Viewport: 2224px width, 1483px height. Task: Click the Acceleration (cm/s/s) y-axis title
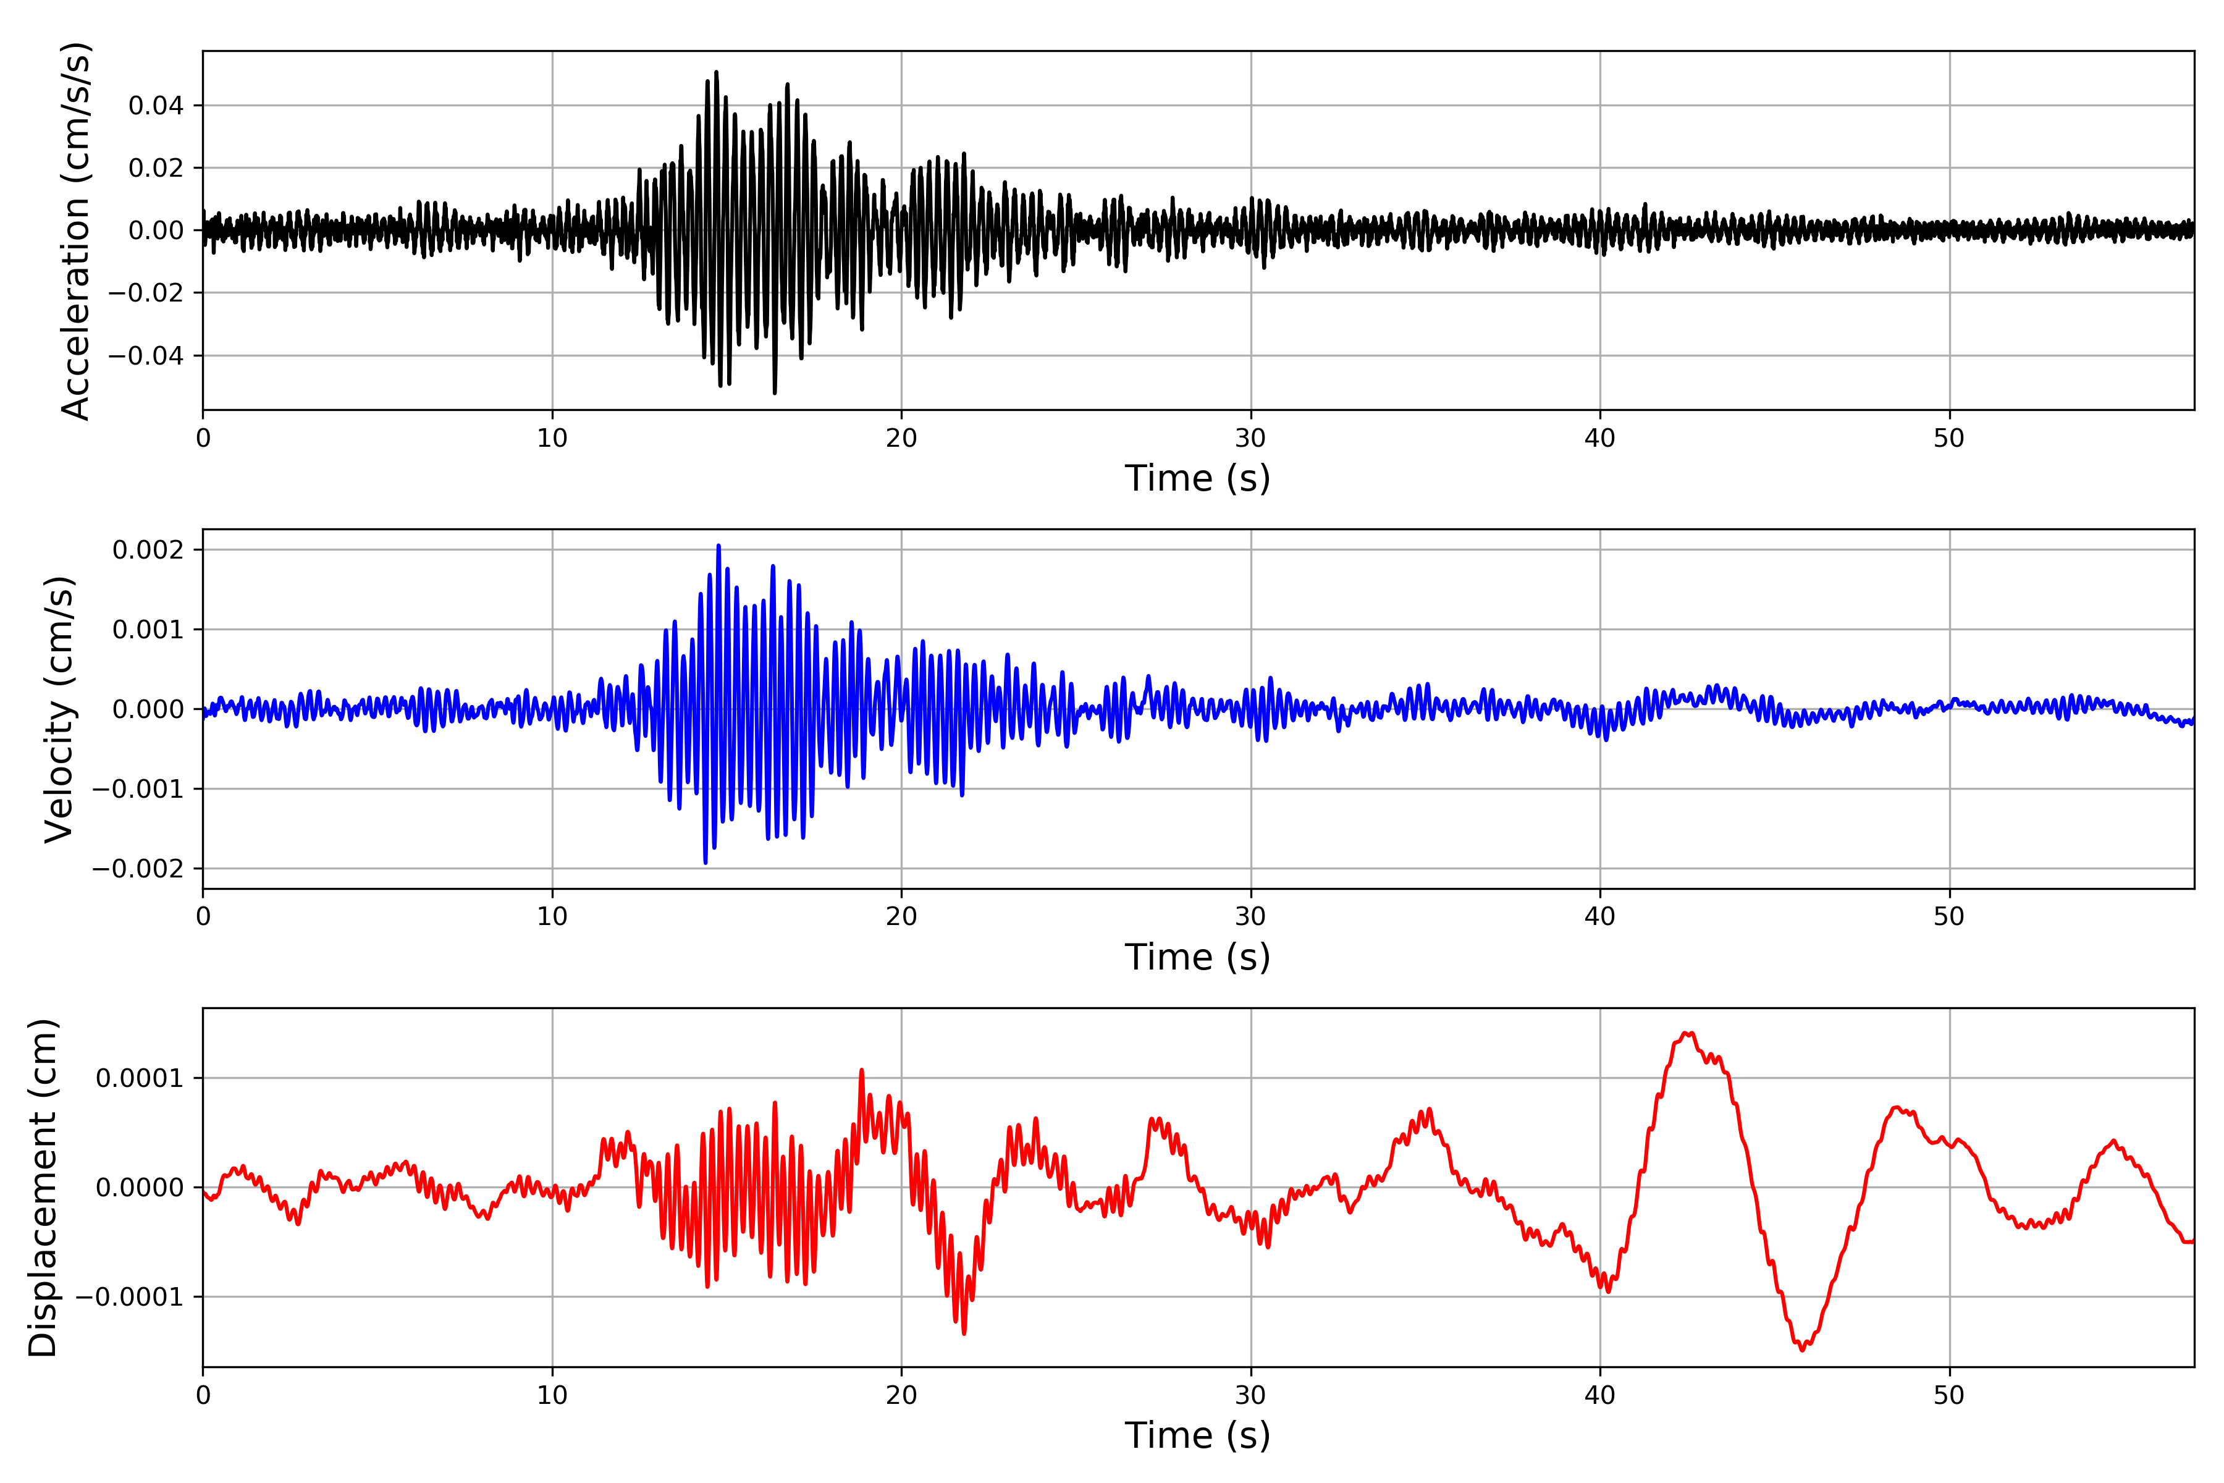click(75, 230)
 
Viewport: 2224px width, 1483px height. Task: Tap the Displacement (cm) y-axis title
click(43, 1187)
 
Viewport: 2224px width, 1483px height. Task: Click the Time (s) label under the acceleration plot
click(1197, 478)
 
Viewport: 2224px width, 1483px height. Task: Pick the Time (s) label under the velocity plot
click(1197, 957)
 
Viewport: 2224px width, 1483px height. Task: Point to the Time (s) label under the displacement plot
click(1197, 1435)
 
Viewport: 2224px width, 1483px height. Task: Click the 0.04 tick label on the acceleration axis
click(156, 106)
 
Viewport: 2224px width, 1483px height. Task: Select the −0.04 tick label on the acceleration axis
click(146, 356)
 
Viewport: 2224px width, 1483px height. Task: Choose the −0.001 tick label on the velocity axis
click(137, 789)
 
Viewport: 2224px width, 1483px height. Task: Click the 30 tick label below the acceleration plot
click(1250, 439)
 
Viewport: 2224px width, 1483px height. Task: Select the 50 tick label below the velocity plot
click(1949, 916)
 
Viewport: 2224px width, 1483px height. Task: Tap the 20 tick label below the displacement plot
click(901, 1395)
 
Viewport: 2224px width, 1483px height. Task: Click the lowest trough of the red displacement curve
click(1802, 1350)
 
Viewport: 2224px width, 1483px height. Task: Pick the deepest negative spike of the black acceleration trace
click(775, 392)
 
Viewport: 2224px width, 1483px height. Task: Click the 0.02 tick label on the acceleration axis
click(156, 168)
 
